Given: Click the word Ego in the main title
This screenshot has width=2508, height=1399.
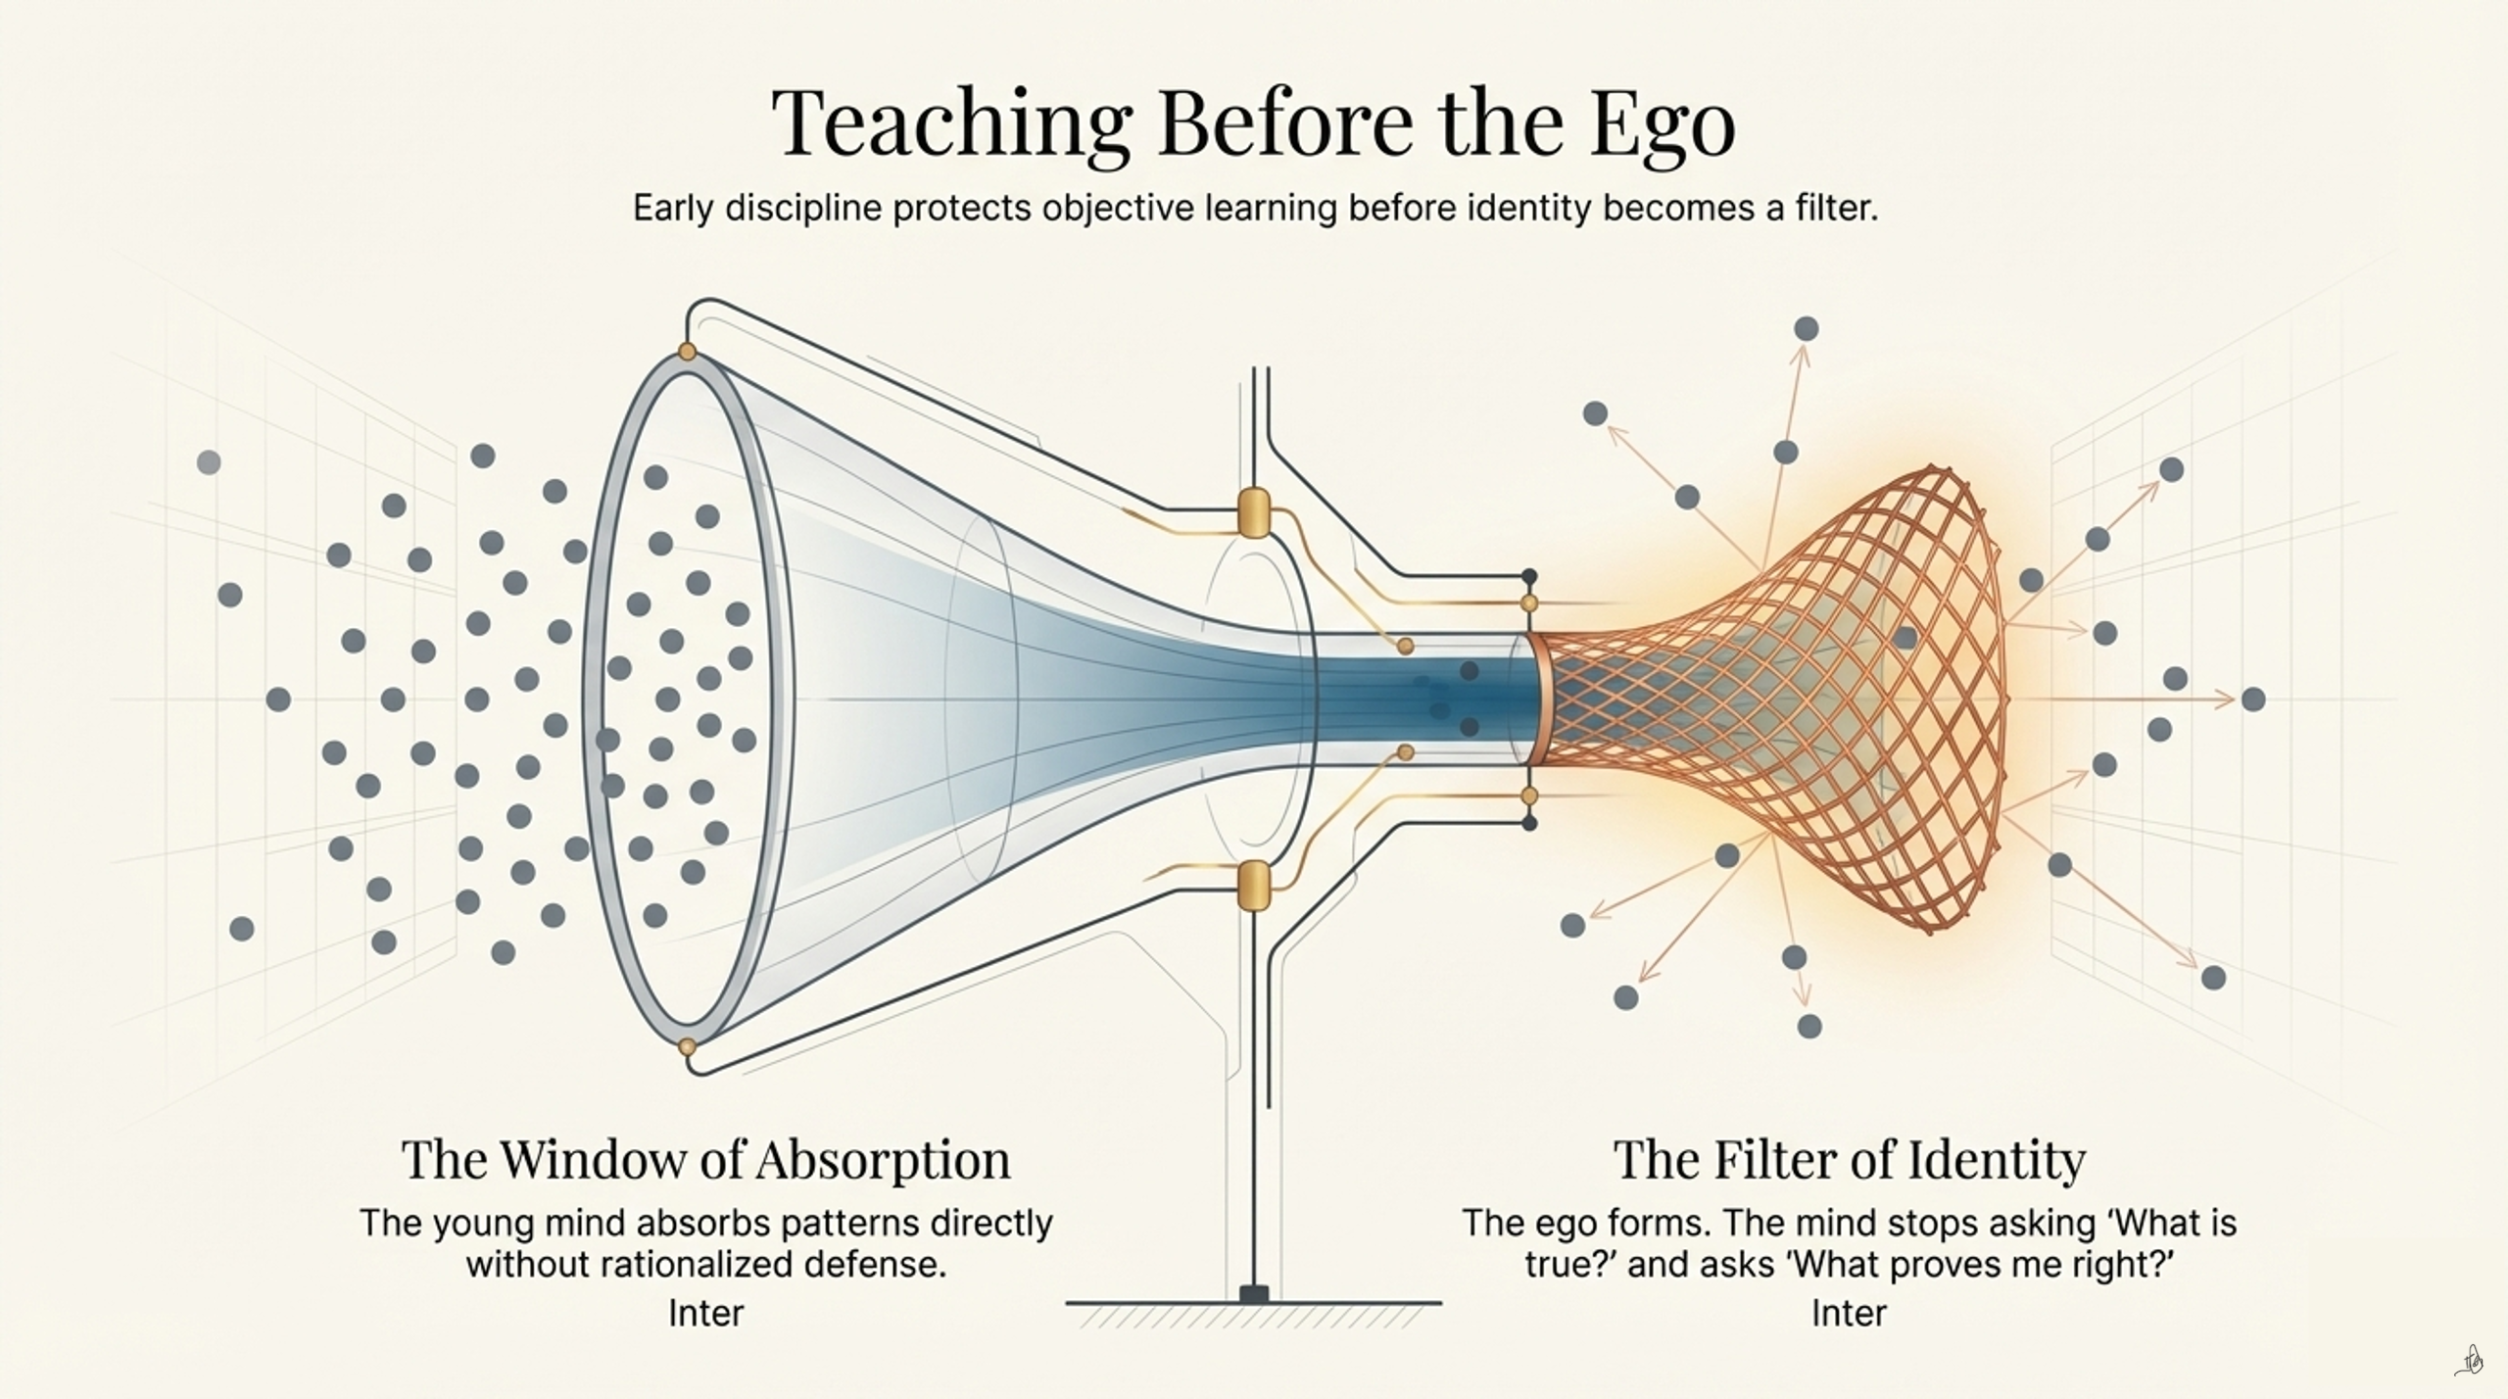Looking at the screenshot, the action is coord(1663,123).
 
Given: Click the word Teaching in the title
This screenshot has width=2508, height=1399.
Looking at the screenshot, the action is coord(951,123).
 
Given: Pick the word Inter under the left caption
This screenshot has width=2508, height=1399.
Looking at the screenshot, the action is coord(706,1313).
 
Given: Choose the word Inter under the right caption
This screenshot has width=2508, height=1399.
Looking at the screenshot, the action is coord(1849,1313).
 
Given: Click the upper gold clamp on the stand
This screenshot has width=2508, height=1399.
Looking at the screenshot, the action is coord(1254,512).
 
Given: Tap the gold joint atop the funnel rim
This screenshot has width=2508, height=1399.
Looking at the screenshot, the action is coord(687,351).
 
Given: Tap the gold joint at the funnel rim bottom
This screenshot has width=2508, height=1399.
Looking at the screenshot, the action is coord(687,1047).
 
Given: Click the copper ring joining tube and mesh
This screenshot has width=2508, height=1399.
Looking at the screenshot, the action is coord(1535,699).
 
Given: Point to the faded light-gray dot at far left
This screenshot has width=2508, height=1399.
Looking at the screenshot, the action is coord(209,461).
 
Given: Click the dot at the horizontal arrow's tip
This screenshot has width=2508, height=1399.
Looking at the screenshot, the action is coord(2253,699).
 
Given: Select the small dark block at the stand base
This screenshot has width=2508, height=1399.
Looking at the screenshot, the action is coord(1254,1293).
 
